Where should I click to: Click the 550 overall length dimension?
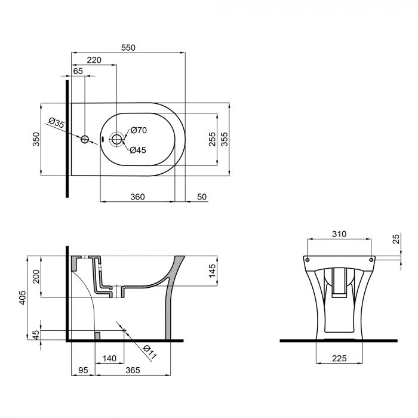pyautogui.click(x=129, y=47)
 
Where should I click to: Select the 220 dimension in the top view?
pyautogui.click(x=94, y=60)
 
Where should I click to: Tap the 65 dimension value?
pyautogui.click(x=78, y=71)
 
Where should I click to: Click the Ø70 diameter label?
pyautogui.click(x=139, y=130)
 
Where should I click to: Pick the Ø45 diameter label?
pyautogui.click(x=139, y=150)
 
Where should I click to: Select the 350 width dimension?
pyautogui.click(x=35, y=139)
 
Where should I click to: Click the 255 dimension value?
pyautogui.click(x=212, y=139)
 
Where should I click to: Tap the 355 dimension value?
pyautogui.click(x=225, y=139)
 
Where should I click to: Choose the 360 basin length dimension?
pyautogui.click(x=138, y=196)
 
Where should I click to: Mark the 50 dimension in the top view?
pyautogui.click(x=201, y=196)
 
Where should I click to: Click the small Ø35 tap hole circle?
pyautogui.click(x=85, y=140)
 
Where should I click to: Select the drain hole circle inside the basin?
pyautogui.click(x=116, y=140)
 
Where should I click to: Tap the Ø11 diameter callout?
pyautogui.click(x=149, y=352)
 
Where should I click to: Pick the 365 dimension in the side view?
pyautogui.click(x=133, y=371)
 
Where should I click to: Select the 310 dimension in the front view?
pyautogui.click(x=339, y=235)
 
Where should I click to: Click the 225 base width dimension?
pyautogui.click(x=339, y=359)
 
